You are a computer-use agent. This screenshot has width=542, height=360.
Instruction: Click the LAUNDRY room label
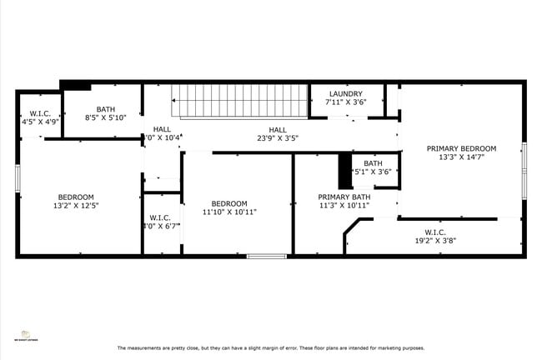(x=346, y=93)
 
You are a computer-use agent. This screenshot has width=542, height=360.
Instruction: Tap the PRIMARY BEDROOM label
(x=461, y=148)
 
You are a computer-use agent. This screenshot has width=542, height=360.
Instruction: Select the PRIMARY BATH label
(x=338, y=197)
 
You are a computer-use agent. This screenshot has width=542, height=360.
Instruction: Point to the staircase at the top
(x=239, y=100)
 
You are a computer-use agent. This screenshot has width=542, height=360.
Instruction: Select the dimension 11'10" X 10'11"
(x=228, y=212)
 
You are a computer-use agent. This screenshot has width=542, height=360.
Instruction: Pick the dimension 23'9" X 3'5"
(x=278, y=138)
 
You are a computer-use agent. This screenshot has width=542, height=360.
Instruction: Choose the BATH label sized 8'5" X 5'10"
(x=106, y=109)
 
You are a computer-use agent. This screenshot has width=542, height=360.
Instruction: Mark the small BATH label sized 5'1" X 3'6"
(x=372, y=163)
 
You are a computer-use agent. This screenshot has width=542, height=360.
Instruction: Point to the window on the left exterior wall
(x=18, y=178)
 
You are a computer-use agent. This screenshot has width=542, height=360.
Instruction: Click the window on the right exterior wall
(x=524, y=170)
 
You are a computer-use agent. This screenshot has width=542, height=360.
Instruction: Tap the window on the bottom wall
(x=267, y=256)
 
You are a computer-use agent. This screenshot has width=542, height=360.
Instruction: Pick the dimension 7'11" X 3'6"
(x=346, y=102)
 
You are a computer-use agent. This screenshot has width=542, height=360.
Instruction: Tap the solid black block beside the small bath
(x=344, y=172)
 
